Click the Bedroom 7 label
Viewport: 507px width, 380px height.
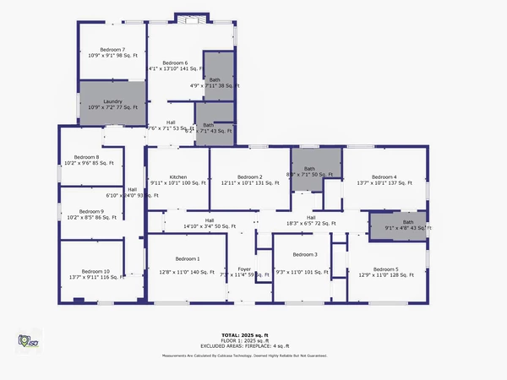point(112,50)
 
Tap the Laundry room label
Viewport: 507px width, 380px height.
point(112,104)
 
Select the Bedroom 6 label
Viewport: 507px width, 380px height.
point(174,63)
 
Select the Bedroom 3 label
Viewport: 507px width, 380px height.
point(304,255)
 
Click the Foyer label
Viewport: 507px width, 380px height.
point(243,269)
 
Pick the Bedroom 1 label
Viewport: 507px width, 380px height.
point(187,258)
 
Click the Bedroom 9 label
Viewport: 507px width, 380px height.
point(91,212)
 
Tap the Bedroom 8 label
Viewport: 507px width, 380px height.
point(86,157)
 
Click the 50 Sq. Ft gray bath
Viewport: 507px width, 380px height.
point(316,169)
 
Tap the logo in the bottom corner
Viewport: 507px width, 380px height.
point(28,341)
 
